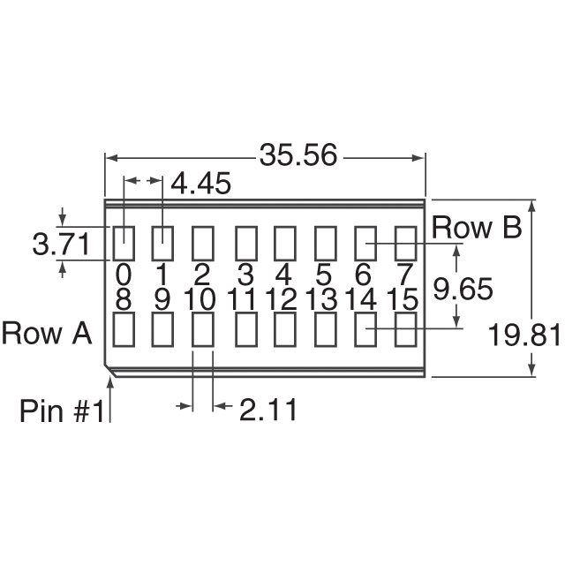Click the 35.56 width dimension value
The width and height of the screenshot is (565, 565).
tap(298, 155)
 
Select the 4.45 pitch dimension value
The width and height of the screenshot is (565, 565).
tap(200, 185)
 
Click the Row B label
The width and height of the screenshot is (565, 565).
tap(476, 228)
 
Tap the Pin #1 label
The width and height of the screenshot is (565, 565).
tap(64, 411)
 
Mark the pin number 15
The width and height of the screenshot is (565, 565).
tap(402, 299)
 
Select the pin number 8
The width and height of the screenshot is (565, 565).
tap(124, 299)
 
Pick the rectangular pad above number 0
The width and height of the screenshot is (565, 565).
tap(124, 241)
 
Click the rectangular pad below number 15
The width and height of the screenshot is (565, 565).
tap(405, 330)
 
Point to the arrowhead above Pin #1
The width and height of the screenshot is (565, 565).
tap(110, 380)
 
